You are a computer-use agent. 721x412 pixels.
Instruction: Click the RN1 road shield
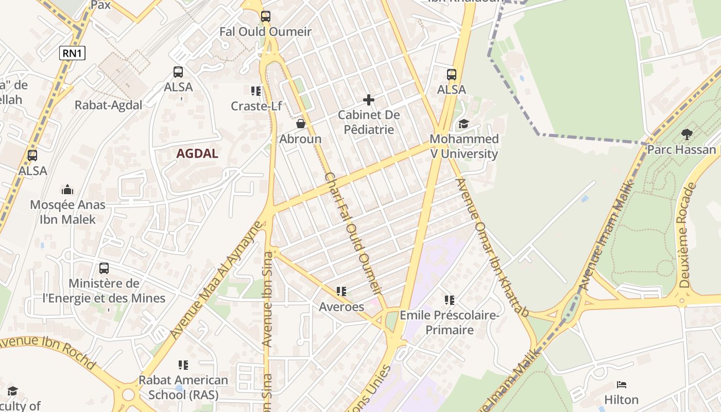[x=72, y=53]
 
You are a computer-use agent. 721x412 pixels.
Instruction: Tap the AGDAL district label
[x=197, y=153]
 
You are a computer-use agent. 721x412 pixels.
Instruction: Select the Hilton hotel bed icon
[x=622, y=385]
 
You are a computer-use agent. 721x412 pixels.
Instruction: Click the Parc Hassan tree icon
[x=686, y=134]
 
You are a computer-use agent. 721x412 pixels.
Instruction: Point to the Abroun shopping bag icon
[x=301, y=124]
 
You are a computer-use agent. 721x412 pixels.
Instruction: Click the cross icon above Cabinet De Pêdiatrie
[x=369, y=100]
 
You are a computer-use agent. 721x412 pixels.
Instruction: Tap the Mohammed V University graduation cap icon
[x=463, y=124]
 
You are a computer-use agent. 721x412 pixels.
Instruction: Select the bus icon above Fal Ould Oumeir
[x=265, y=16]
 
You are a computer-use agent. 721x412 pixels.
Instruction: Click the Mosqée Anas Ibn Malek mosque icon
[x=67, y=190]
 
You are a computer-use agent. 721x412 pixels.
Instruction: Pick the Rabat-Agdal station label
[x=108, y=105]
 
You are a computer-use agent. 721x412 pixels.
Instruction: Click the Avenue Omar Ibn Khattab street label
[x=492, y=247]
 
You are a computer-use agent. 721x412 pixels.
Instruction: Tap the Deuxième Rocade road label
[x=684, y=235]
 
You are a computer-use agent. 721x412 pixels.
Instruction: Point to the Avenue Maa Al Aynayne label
[x=217, y=281]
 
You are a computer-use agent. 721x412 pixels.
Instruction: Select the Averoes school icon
[x=341, y=291]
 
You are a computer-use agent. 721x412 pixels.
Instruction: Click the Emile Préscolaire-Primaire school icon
[x=450, y=300]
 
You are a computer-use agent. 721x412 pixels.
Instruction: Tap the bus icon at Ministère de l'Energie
[x=104, y=268]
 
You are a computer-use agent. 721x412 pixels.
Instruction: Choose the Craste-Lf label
[x=256, y=106]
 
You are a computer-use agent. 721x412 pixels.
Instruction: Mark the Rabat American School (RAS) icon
[x=183, y=365]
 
